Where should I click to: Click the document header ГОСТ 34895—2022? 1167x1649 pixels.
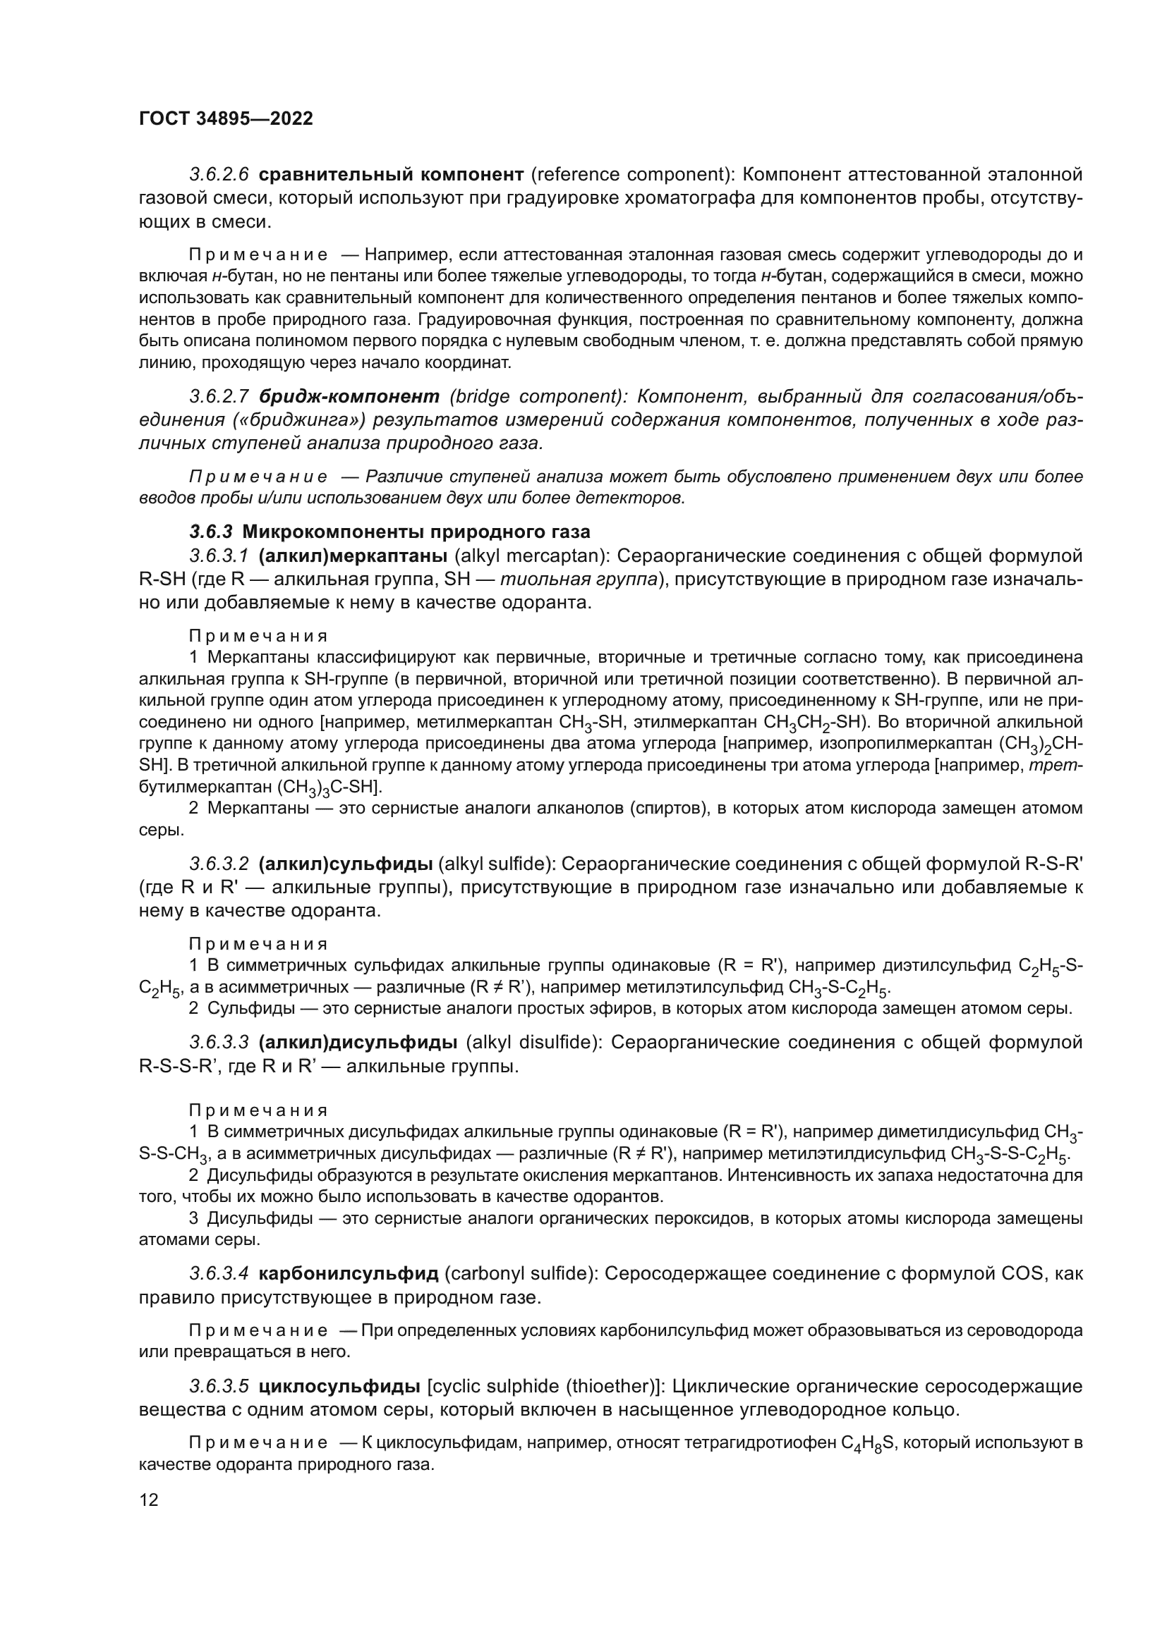click(x=226, y=119)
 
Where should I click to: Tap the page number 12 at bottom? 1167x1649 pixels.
click(x=149, y=1500)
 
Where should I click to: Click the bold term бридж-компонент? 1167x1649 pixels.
click(x=349, y=396)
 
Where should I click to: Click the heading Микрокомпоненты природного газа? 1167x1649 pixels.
click(x=416, y=532)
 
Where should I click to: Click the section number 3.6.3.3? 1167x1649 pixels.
click(x=219, y=1042)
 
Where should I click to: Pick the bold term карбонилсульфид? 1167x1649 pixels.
click(x=348, y=1274)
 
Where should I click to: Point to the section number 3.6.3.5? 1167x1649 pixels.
click(x=219, y=1385)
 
